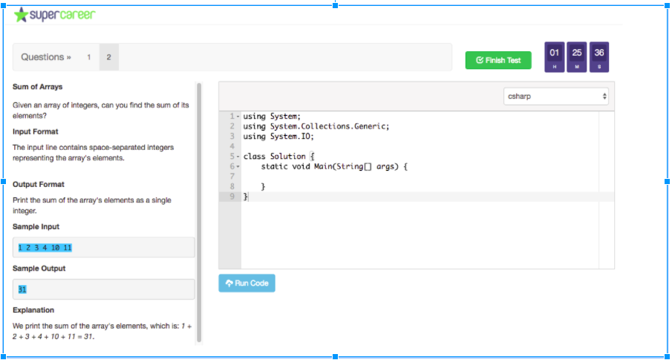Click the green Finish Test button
[x=498, y=60]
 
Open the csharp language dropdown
[x=556, y=96]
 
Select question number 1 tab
[x=88, y=57]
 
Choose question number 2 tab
[x=109, y=57]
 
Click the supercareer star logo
[x=20, y=15]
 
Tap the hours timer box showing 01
[x=555, y=57]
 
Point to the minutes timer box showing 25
[x=577, y=57]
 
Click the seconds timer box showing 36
[x=599, y=57]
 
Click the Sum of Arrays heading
[x=38, y=87]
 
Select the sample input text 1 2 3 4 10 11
[x=45, y=248]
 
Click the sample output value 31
[x=22, y=289]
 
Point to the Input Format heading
[x=36, y=131]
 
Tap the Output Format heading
[x=39, y=184]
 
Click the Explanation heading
[x=33, y=310]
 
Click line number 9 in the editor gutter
[x=232, y=197]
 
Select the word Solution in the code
[x=288, y=157]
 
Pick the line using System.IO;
[x=278, y=137]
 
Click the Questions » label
[x=46, y=57]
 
